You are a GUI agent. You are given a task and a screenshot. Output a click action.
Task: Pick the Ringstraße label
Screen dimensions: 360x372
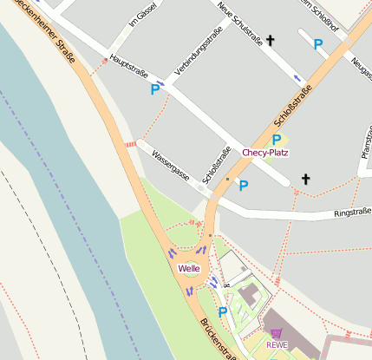[353, 211]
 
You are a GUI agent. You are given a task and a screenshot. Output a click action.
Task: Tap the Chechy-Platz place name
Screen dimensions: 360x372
[265, 153]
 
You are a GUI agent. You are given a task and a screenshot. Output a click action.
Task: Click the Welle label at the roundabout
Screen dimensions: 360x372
[189, 268]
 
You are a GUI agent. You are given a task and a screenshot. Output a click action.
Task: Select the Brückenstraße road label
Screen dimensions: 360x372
[219, 340]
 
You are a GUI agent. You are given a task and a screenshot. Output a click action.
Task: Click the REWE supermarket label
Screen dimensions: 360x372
[277, 344]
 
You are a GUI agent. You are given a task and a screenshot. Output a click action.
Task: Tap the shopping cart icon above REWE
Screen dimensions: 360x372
[277, 333]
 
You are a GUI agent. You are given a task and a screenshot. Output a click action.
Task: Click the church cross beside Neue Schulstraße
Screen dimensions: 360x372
[270, 40]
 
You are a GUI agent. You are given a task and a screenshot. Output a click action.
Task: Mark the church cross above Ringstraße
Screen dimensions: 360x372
[304, 179]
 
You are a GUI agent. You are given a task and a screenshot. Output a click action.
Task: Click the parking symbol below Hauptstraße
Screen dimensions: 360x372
[156, 88]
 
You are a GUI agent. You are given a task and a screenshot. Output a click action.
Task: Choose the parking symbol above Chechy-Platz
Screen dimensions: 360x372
[276, 139]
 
